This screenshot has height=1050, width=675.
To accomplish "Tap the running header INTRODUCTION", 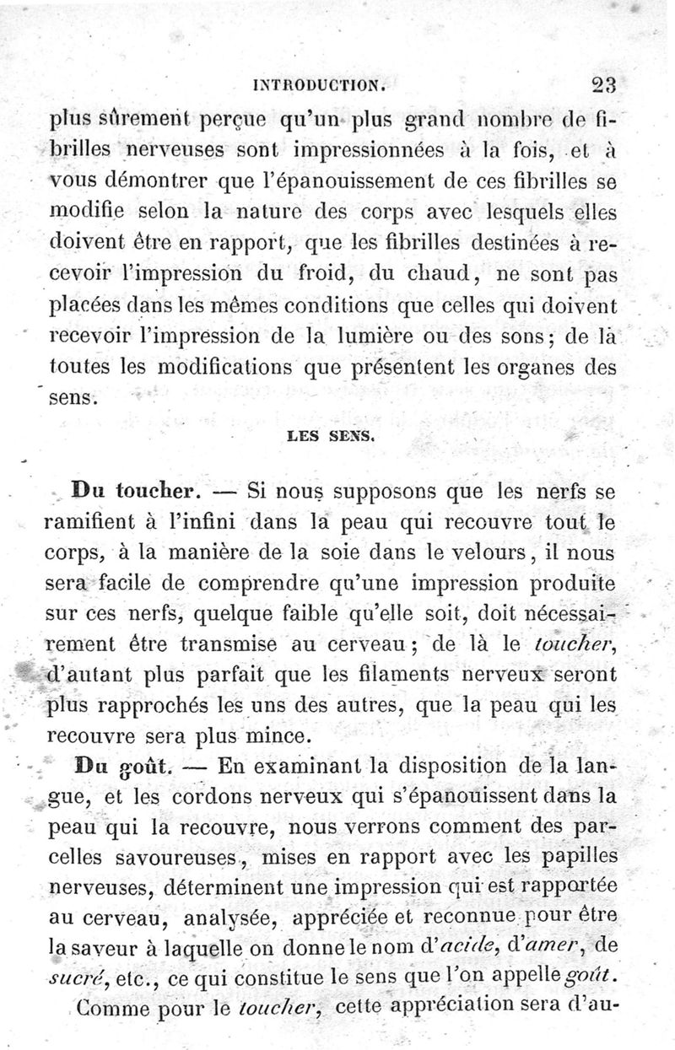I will (x=325, y=85).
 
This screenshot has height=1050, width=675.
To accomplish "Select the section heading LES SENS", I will (x=325, y=437).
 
